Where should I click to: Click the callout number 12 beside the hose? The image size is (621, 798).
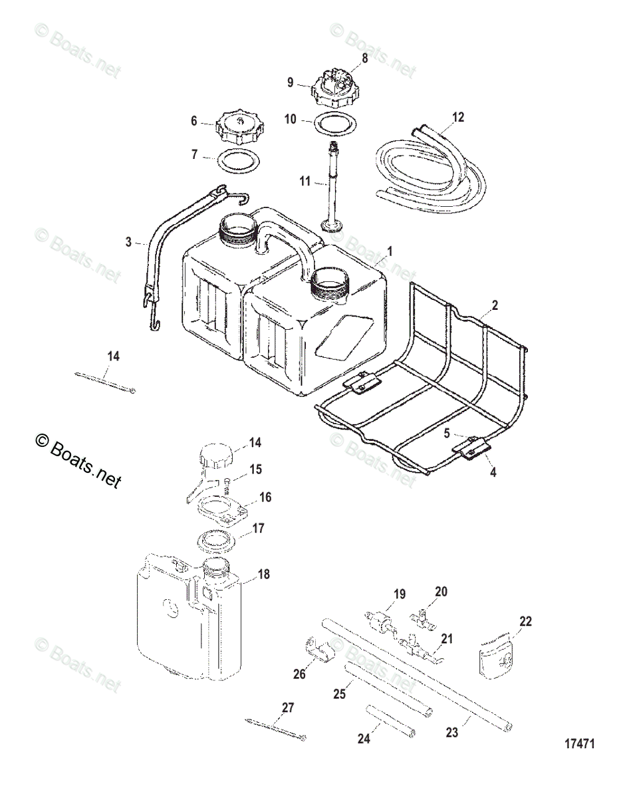tap(457, 118)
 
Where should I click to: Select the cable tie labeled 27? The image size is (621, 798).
tap(277, 730)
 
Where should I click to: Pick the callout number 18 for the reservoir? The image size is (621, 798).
tap(265, 574)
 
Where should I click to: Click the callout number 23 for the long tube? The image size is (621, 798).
tap(453, 733)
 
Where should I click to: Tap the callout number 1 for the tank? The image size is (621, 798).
tap(390, 251)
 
